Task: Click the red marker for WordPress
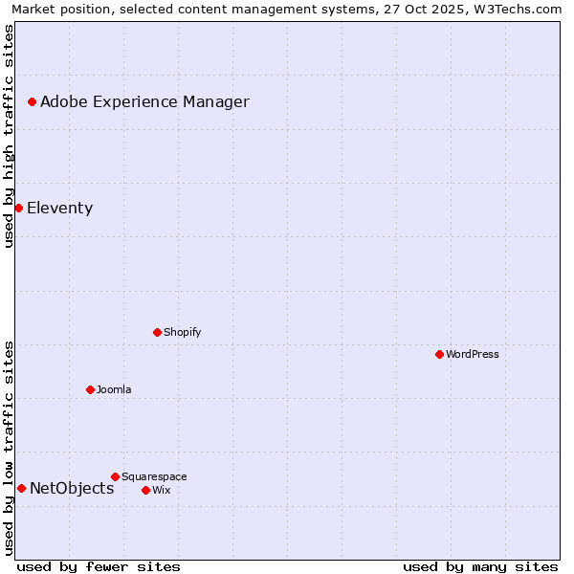(x=439, y=354)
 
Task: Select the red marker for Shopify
(x=158, y=332)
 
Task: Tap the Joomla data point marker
(x=90, y=389)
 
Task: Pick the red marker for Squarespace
(x=115, y=476)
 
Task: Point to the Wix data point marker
(x=145, y=490)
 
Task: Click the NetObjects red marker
(x=21, y=488)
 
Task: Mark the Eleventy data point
(x=18, y=208)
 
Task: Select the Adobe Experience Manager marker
(x=32, y=101)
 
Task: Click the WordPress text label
(x=473, y=354)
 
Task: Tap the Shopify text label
(x=182, y=332)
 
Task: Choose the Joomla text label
(x=114, y=389)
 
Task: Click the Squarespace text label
(x=154, y=476)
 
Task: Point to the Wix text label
(x=161, y=490)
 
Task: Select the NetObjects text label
(x=72, y=488)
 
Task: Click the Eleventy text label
(x=59, y=208)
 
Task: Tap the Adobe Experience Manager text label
(x=144, y=101)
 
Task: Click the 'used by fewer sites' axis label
(x=99, y=566)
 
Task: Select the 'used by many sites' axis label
(x=480, y=566)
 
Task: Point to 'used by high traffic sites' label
(x=9, y=136)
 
